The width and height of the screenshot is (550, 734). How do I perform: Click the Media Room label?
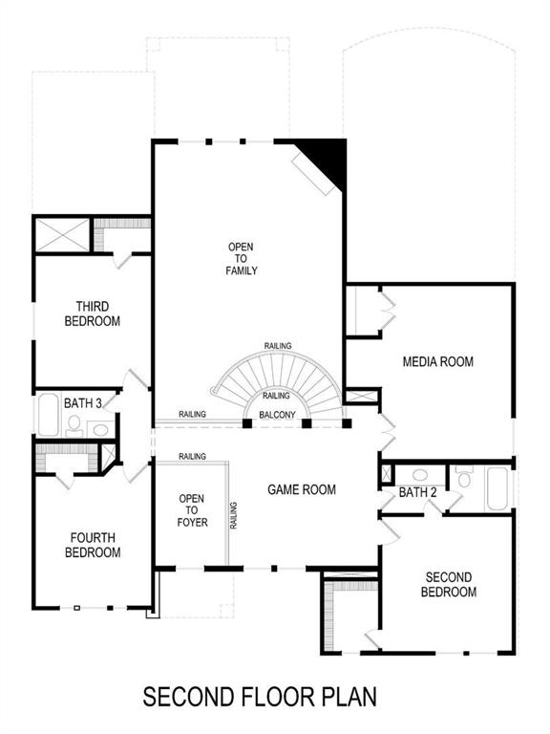coord(437,361)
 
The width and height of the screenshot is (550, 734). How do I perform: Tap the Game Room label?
coord(301,489)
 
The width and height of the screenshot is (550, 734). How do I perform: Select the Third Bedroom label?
coord(93,313)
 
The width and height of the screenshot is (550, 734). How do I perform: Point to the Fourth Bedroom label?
coord(93,545)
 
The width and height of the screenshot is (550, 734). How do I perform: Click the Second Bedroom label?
coord(449,584)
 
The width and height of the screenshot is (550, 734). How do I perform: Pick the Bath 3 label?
coord(83,403)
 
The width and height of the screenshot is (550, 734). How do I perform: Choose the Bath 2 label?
coord(417,492)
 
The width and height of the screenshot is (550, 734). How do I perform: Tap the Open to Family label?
coord(242,258)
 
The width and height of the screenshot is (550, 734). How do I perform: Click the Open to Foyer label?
coord(192,510)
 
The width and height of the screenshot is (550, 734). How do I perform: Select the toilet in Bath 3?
coord(74,424)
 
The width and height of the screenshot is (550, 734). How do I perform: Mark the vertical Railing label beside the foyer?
coord(234,515)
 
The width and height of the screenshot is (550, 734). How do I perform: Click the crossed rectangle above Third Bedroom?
coord(62,234)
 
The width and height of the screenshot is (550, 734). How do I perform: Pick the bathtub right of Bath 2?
coord(498,487)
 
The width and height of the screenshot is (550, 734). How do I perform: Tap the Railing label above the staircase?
coord(278,346)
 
